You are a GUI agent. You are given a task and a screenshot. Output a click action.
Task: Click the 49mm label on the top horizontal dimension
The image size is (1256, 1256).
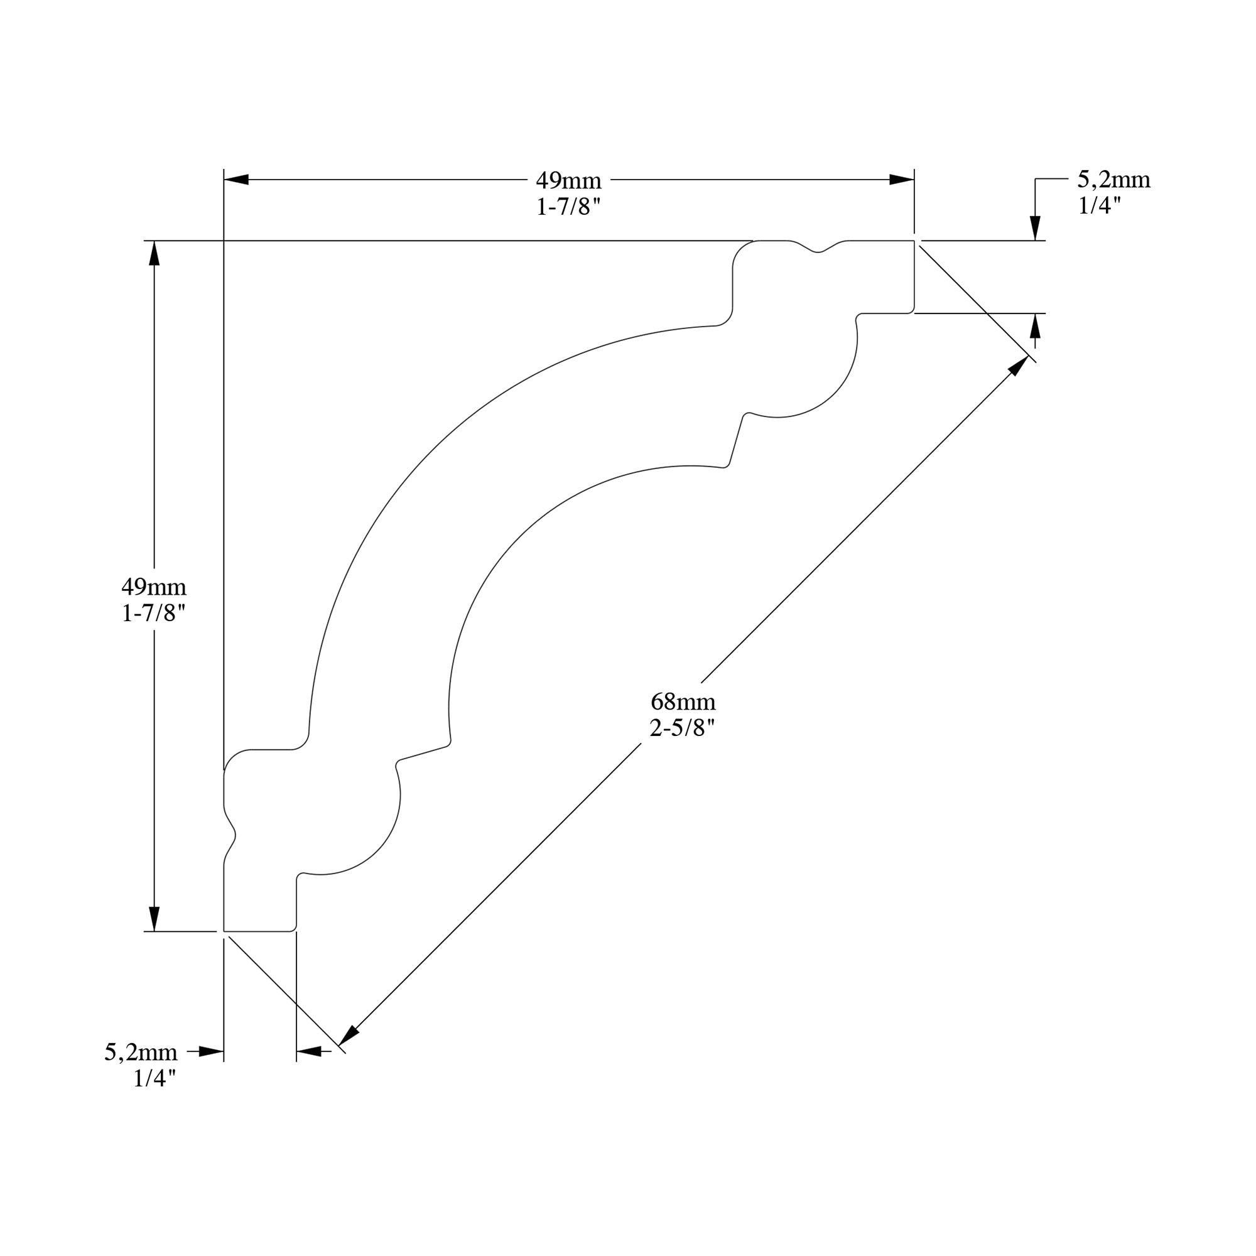tap(568, 180)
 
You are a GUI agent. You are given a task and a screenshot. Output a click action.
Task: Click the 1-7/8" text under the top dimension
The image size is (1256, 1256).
tap(568, 207)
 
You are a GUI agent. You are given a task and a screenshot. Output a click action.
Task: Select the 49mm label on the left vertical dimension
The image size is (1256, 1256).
tap(153, 587)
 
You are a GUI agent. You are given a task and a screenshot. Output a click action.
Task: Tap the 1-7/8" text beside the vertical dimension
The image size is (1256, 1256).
tap(153, 613)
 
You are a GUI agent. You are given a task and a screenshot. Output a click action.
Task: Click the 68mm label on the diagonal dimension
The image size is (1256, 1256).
tap(683, 702)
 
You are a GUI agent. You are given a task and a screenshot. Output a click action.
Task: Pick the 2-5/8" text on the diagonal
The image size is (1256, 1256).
tap(683, 728)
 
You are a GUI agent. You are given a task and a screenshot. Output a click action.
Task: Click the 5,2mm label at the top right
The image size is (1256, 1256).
tap(1113, 180)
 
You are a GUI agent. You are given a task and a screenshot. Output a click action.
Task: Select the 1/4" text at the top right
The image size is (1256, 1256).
tap(1100, 205)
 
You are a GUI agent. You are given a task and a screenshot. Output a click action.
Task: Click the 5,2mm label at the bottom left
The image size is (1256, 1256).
tap(141, 1052)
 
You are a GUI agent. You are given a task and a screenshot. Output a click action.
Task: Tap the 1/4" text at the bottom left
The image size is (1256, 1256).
tap(154, 1078)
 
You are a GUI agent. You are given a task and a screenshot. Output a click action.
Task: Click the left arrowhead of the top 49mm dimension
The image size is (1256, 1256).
tap(236, 180)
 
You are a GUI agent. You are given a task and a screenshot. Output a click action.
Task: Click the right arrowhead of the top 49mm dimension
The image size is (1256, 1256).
tap(902, 180)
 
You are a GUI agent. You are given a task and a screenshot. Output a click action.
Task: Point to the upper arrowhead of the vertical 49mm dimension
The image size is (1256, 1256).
tap(153, 254)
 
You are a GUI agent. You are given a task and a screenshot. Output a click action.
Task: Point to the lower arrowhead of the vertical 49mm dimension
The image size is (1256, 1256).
tap(153, 919)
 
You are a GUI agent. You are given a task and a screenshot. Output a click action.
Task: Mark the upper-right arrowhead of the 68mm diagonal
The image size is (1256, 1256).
tap(1018, 366)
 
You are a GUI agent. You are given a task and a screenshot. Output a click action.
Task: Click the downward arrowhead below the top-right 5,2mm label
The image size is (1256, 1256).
tap(1036, 227)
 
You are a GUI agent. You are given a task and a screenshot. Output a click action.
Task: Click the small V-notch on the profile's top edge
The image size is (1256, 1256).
tap(818, 250)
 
